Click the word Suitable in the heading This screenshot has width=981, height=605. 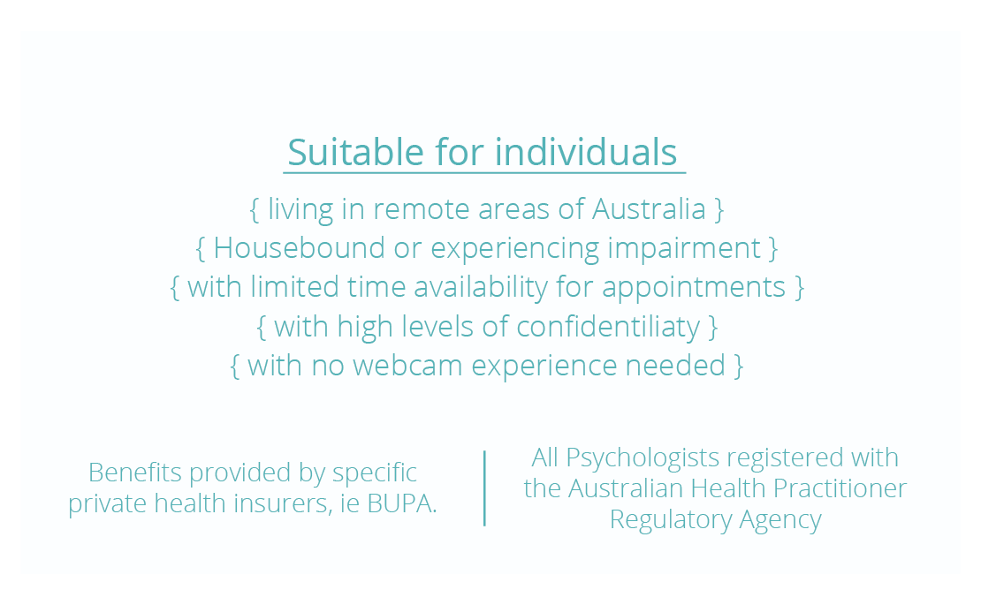pyautogui.click(x=355, y=152)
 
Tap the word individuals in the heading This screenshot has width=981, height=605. pyautogui.click(x=586, y=152)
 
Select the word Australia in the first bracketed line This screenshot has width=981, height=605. pyautogui.click(x=649, y=208)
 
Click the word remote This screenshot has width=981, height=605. pyautogui.click(x=421, y=209)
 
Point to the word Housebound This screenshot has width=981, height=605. pyautogui.click(x=299, y=248)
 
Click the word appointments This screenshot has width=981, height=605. pyautogui.click(x=693, y=288)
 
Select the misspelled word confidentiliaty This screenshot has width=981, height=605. pyautogui.click(x=608, y=327)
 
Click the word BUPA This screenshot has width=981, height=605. pyautogui.click(x=401, y=503)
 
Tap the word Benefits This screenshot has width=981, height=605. pyautogui.click(x=134, y=473)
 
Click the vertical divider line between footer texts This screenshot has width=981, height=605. pyautogui.click(x=485, y=488)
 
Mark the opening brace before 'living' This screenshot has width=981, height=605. pyautogui.click(x=254, y=209)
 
